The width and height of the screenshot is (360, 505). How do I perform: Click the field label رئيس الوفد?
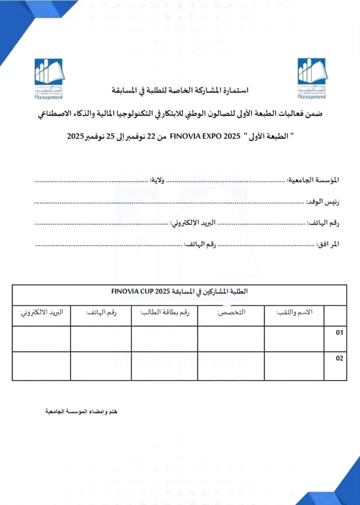click(322, 201)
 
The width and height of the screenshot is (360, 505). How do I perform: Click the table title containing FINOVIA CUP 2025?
click(179, 291)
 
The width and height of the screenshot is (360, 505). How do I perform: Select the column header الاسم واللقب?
click(294, 312)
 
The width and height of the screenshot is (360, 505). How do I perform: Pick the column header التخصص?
click(231, 312)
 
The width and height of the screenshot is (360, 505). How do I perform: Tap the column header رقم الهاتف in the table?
click(101, 312)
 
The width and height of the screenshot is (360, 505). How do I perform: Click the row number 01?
click(339, 332)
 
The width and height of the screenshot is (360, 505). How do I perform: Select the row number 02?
click(339, 358)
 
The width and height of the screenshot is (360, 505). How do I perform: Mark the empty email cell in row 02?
click(41, 365)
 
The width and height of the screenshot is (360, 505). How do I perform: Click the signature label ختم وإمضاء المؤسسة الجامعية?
click(80, 411)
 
